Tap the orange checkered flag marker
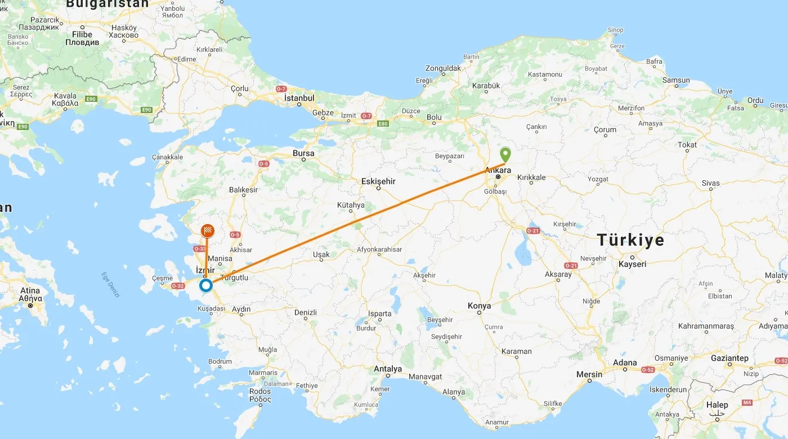[208, 231]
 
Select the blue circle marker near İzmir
[206, 286]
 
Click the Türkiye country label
[630, 240]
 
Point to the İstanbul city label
[299, 98]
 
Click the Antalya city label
[388, 369]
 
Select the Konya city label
[479, 306]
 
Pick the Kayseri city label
[632, 264]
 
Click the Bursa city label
[303, 153]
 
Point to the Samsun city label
[676, 80]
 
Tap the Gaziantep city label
[730, 359]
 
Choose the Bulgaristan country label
[107, 4]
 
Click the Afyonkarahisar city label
[380, 249]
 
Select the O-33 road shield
[200, 248]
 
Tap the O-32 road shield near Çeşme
[178, 286]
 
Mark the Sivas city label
[710, 183]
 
